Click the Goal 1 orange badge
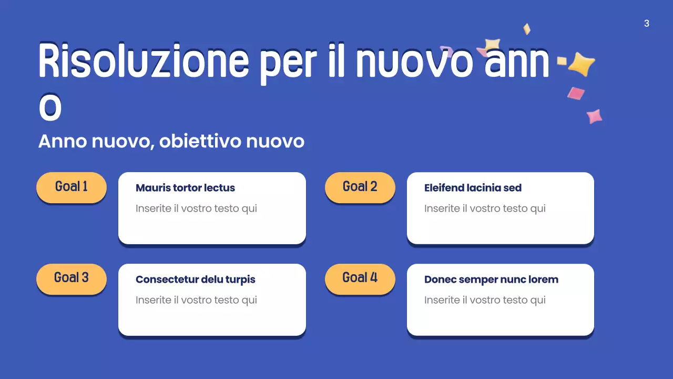tap(72, 187)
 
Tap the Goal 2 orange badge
tap(360, 187)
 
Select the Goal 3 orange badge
tap(72, 278)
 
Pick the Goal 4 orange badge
tap(360, 278)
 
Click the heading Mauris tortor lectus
tap(185, 188)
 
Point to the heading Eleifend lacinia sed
tap(473, 188)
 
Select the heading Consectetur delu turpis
tap(195, 280)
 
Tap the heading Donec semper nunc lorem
tap(491, 280)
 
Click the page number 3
tap(646, 24)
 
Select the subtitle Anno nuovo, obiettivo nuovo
tap(171, 142)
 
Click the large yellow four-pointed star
tap(581, 64)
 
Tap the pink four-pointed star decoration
tap(594, 116)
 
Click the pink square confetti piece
tap(576, 93)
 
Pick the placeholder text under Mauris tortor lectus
tap(196, 208)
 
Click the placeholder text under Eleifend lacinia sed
tap(485, 208)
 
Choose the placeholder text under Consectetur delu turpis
tap(196, 300)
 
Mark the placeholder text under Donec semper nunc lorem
tap(485, 300)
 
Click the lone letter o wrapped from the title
tap(50, 108)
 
